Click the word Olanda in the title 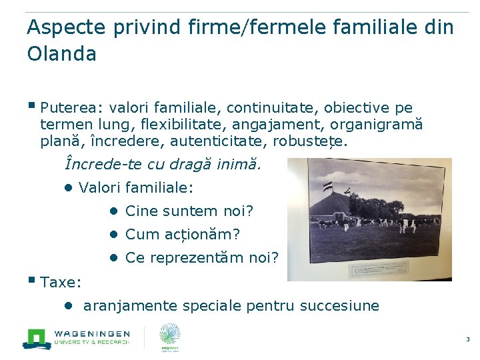[61, 53]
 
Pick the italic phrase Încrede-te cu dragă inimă [164, 163]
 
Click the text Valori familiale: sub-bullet [135, 187]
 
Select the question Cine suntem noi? [189, 211]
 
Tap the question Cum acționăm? [182, 235]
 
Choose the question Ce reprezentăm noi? [201, 258]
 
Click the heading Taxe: [61, 282]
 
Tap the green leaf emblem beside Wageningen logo [170, 337]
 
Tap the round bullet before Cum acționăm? [114, 234]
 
